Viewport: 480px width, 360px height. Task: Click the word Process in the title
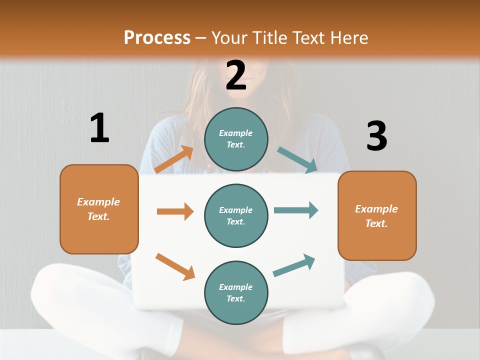pyautogui.click(x=157, y=37)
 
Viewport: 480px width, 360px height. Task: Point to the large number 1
pyautogui.click(x=99, y=128)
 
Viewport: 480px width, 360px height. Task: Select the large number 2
pyautogui.click(x=236, y=75)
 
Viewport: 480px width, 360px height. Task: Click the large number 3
pyautogui.click(x=376, y=136)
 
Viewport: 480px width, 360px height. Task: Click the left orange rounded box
pyautogui.click(x=99, y=209)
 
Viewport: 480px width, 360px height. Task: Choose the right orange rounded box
pyautogui.click(x=377, y=215)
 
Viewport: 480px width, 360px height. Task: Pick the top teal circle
pyautogui.click(x=236, y=139)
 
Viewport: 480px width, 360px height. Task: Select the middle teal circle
pyautogui.click(x=236, y=215)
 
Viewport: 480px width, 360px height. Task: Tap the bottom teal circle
pyautogui.click(x=236, y=292)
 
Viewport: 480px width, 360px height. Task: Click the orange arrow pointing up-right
pyautogui.click(x=174, y=159)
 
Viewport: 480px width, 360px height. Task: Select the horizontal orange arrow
pyautogui.click(x=175, y=211)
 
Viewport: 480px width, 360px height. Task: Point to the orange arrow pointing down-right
pyautogui.click(x=175, y=266)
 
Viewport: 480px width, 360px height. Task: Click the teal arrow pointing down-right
pyautogui.click(x=297, y=160)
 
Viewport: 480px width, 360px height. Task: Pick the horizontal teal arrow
pyautogui.click(x=296, y=210)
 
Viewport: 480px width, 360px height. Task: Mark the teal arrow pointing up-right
pyautogui.click(x=294, y=265)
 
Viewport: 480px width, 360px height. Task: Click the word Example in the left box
pyautogui.click(x=98, y=202)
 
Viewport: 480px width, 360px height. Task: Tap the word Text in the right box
pyautogui.click(x=375, y=223)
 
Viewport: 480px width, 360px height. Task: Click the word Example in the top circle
pyautogui.click(x=236, y=133)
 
